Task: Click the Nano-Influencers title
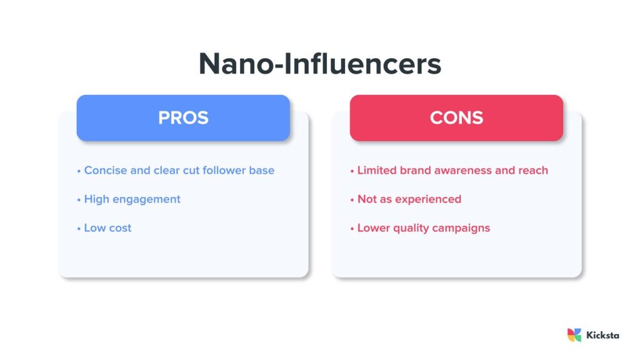[320, 64]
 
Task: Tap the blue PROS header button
[183, 117]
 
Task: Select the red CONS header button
[456, 117]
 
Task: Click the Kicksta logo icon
[574, 335]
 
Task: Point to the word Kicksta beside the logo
[603, 335]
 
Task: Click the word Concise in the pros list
[105, 170]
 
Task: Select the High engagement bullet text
[132, 199]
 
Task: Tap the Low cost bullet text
[107, 228]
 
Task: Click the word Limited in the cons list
[377, 170]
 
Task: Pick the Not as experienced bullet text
[409, 199]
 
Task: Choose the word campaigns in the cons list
[461, 228]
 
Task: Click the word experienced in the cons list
[427, 199]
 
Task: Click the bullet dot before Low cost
[79, 228]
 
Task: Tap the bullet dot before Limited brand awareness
[352, 170]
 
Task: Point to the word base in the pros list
[262, 170]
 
